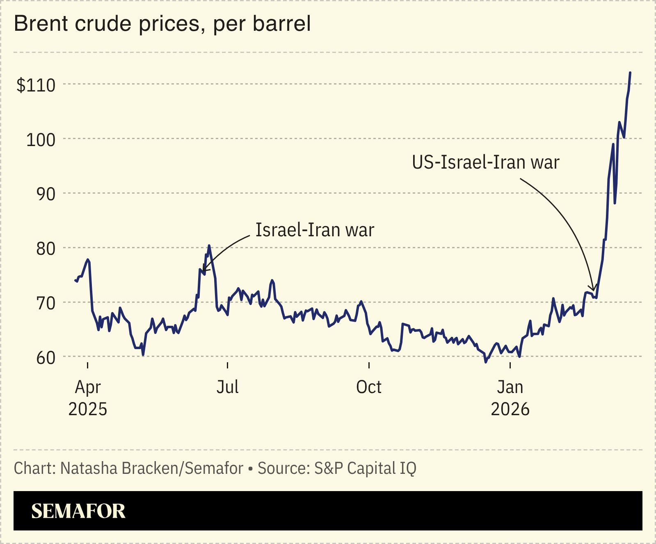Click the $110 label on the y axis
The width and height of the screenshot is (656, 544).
36,85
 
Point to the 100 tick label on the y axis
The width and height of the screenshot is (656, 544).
41,140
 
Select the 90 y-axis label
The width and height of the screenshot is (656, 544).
46,194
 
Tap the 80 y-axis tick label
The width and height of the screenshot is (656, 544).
46,249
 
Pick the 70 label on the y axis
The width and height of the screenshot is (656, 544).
46,304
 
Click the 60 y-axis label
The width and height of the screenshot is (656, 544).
46,358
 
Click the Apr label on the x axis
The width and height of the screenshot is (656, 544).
88,387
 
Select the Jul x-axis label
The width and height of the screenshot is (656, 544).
228,387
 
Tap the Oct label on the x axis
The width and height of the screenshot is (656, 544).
369,387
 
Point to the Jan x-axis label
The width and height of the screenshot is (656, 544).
510,387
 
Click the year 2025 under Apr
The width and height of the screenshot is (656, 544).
88,409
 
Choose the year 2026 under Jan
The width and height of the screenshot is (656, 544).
510,409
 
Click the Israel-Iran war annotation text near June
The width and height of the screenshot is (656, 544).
315,230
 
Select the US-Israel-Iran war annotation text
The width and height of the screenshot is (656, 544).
486,162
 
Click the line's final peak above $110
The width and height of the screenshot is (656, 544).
630,73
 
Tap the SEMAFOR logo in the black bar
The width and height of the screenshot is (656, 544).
78,511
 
